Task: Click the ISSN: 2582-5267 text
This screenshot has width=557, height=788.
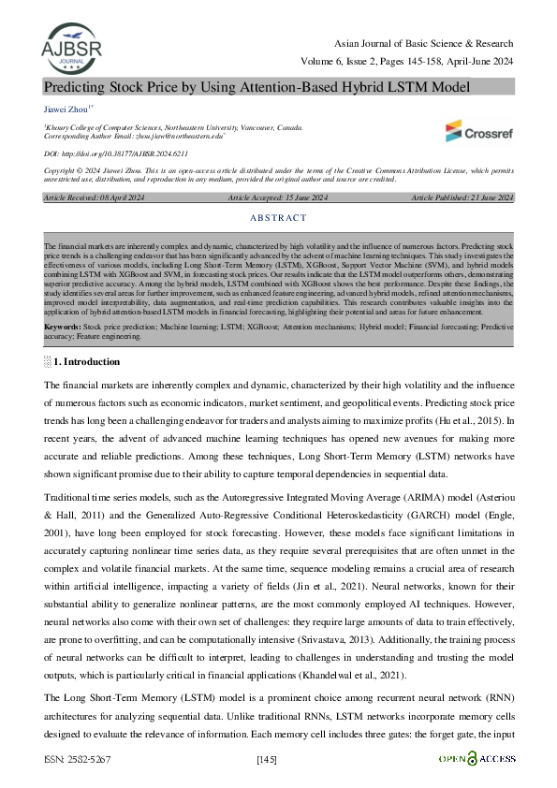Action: [x=77, y=759]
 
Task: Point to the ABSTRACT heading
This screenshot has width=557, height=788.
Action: [x=278, y=218]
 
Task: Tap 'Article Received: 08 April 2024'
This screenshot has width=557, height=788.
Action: [x=81, y=198]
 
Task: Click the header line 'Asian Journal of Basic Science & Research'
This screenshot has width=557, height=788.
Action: [x=424, y=45]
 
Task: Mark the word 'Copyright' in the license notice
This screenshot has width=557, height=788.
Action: [x=62, y=171]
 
